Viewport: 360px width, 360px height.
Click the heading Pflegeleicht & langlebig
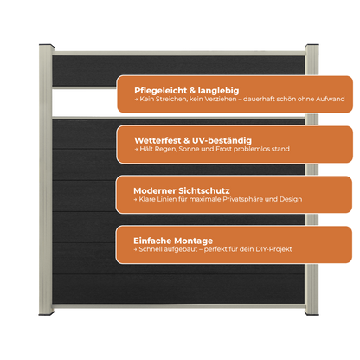[x=187, y=91]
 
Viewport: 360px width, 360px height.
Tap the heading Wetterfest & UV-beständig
[x=193, y=140]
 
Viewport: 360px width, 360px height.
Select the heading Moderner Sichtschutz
[x=182, y=190]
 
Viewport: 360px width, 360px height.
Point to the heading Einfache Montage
[x=173, y=241]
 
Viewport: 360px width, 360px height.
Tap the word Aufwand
[x=330, y=99]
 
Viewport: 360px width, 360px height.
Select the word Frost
[x=223, y=149]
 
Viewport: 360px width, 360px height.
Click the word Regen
[x=166, y=150]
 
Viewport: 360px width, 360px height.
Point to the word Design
[x=291, y=199]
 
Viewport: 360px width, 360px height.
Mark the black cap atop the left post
[x=47, y=46]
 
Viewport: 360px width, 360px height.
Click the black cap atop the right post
[x=312, y=46]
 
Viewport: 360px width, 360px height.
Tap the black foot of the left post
[x=47, y=313]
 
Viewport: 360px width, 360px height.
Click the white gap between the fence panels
[x=84, y=102]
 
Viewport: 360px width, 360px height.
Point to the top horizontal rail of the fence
[x=179, y=54]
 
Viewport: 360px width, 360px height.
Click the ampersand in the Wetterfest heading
[x=187, y=140]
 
